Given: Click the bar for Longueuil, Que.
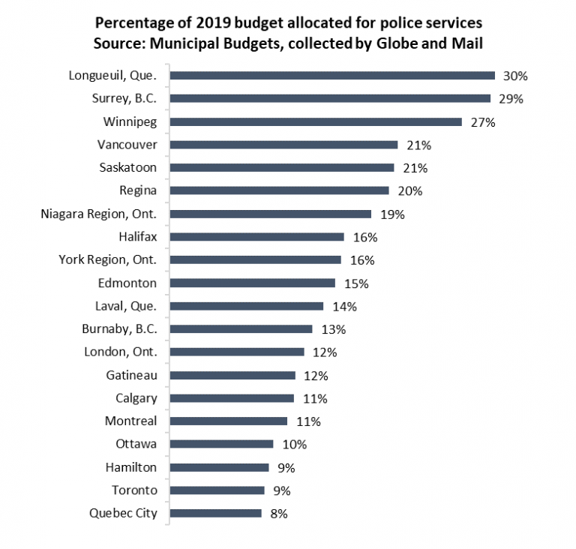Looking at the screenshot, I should click(332, 75).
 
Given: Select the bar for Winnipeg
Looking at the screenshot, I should click(316, 121).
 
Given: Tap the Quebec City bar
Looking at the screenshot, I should click(216, 514).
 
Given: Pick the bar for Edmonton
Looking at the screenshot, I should click(253, 283).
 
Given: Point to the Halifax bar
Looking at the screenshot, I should click(257, 237).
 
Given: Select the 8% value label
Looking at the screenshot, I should click(279, 514).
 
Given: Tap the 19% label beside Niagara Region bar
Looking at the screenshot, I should click(391, 214).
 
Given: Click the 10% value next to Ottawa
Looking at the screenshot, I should click(294, 444).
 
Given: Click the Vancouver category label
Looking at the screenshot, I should click(127, 145).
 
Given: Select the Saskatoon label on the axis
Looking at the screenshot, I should click(127, 167).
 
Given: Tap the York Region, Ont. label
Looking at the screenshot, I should click(107, 260).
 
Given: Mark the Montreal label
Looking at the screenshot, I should click(130, 421).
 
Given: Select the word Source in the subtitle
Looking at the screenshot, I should click(117, 43).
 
